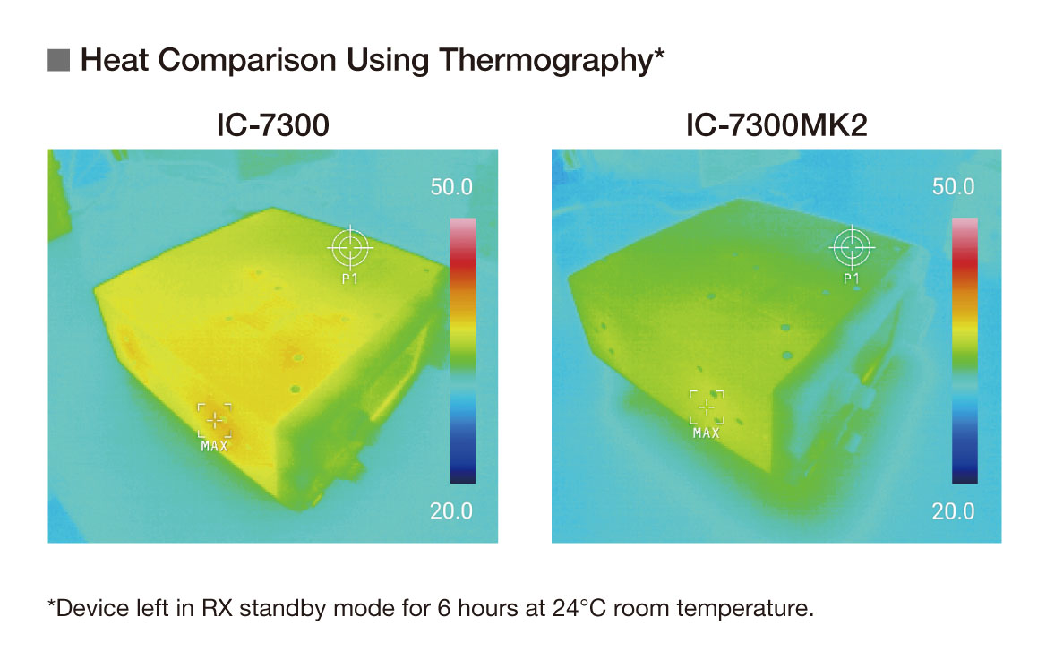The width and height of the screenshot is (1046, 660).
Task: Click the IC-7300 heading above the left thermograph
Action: click(x=272, y=125)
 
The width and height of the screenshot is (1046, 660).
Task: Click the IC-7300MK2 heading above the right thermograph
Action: click(x=776, y=125)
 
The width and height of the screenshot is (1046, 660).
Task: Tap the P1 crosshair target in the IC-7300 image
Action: click(x=350, y=247)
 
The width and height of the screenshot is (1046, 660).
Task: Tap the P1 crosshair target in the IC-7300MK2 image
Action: click(x=852, y=247)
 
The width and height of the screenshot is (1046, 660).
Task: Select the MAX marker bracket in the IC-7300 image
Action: click(x=214, y=419)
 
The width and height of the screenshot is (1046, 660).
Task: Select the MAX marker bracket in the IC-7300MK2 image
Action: click(x=707, y=407)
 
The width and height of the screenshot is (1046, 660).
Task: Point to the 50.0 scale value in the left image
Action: click(x=451, y=187)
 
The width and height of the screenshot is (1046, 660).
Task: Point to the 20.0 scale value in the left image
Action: click(x=451, y=511)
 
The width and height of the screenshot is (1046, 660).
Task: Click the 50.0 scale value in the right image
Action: click(x=953, y=187)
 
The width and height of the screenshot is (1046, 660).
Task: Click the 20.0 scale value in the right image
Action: click(x=953, y=511)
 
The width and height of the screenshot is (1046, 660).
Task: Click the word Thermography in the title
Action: click(x=549, y=61)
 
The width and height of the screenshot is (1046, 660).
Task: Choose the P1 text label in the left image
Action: click(x=350, y=279)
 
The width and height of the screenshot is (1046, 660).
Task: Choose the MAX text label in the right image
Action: click(x=707, y=433)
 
